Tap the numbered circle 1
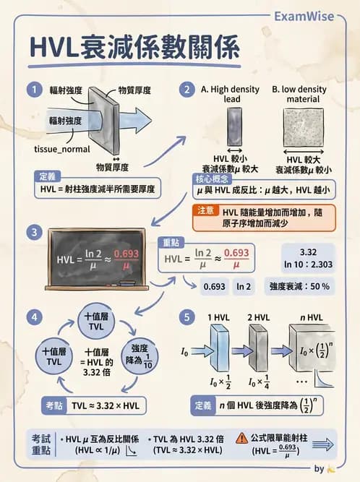coord(33,90)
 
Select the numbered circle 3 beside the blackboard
coord(33,232)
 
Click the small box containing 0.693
coord(214,286)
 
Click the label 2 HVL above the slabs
coord(259,318)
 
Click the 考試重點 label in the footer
coord(41,444)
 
